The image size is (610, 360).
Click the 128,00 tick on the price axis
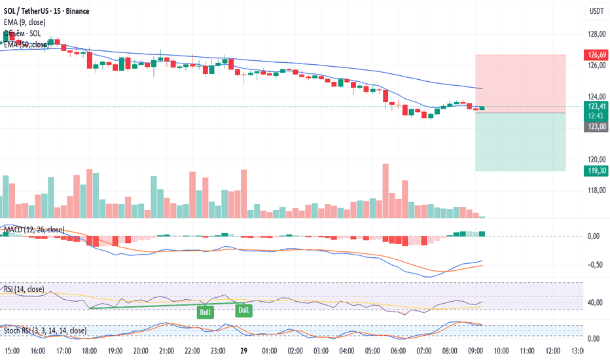594,34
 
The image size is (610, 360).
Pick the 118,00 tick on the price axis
594,190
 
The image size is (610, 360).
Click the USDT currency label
596,11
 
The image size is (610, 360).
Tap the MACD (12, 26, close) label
34,230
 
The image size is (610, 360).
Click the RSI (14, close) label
24,289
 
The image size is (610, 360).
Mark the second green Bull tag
244,310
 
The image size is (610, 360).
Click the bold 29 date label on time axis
243,351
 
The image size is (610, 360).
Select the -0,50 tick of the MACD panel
595,264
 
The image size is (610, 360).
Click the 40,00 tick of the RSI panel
595,302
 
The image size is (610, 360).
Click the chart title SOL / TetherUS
32,11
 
